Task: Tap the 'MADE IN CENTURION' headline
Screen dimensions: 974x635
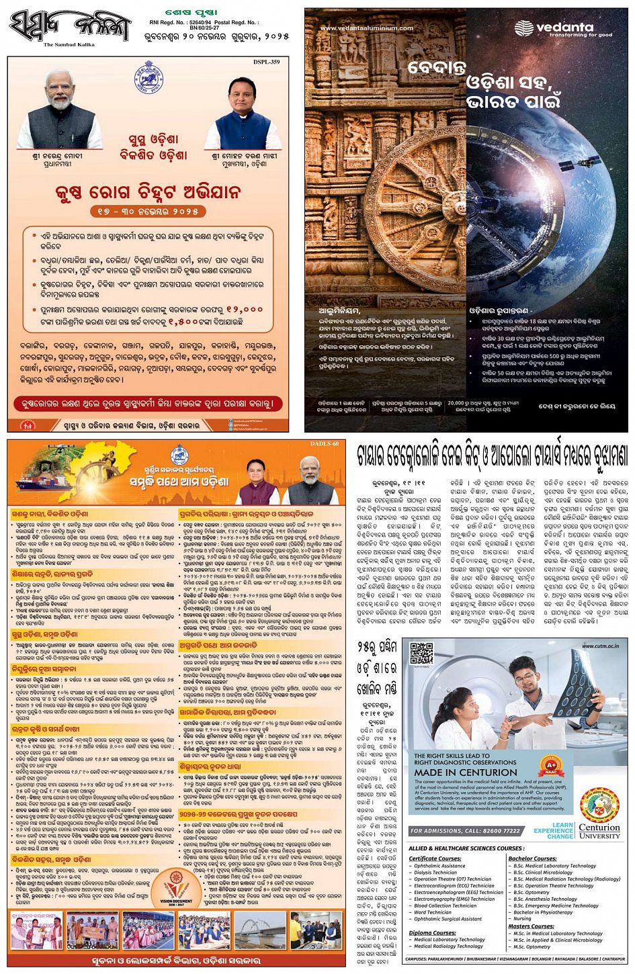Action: point(462,773)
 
